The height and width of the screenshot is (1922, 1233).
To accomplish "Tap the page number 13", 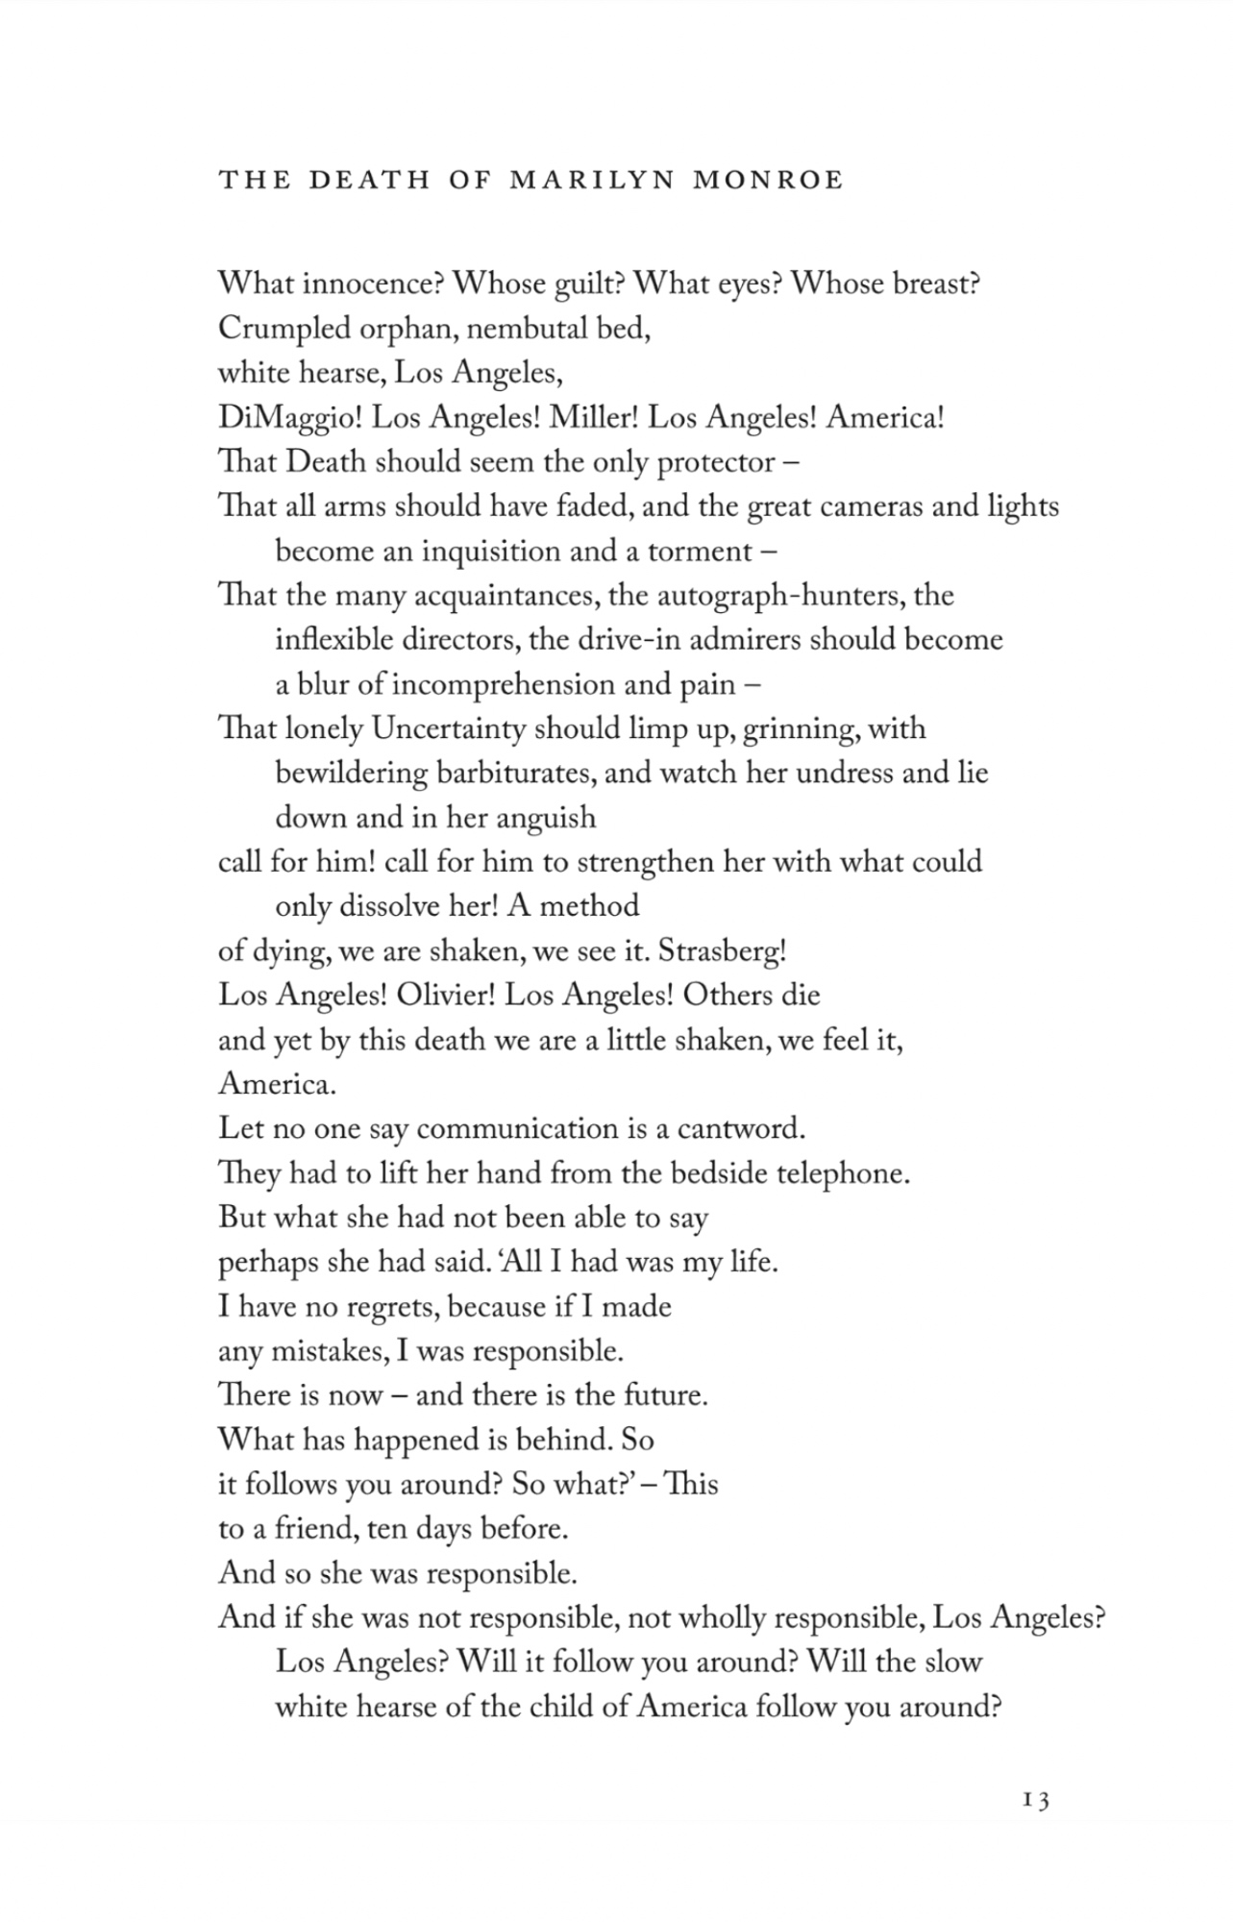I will (x=1036, y=1800).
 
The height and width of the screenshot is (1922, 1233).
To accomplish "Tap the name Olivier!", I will (x=445, y=995).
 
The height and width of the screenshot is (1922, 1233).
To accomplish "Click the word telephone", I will (x=842, y=1173).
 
